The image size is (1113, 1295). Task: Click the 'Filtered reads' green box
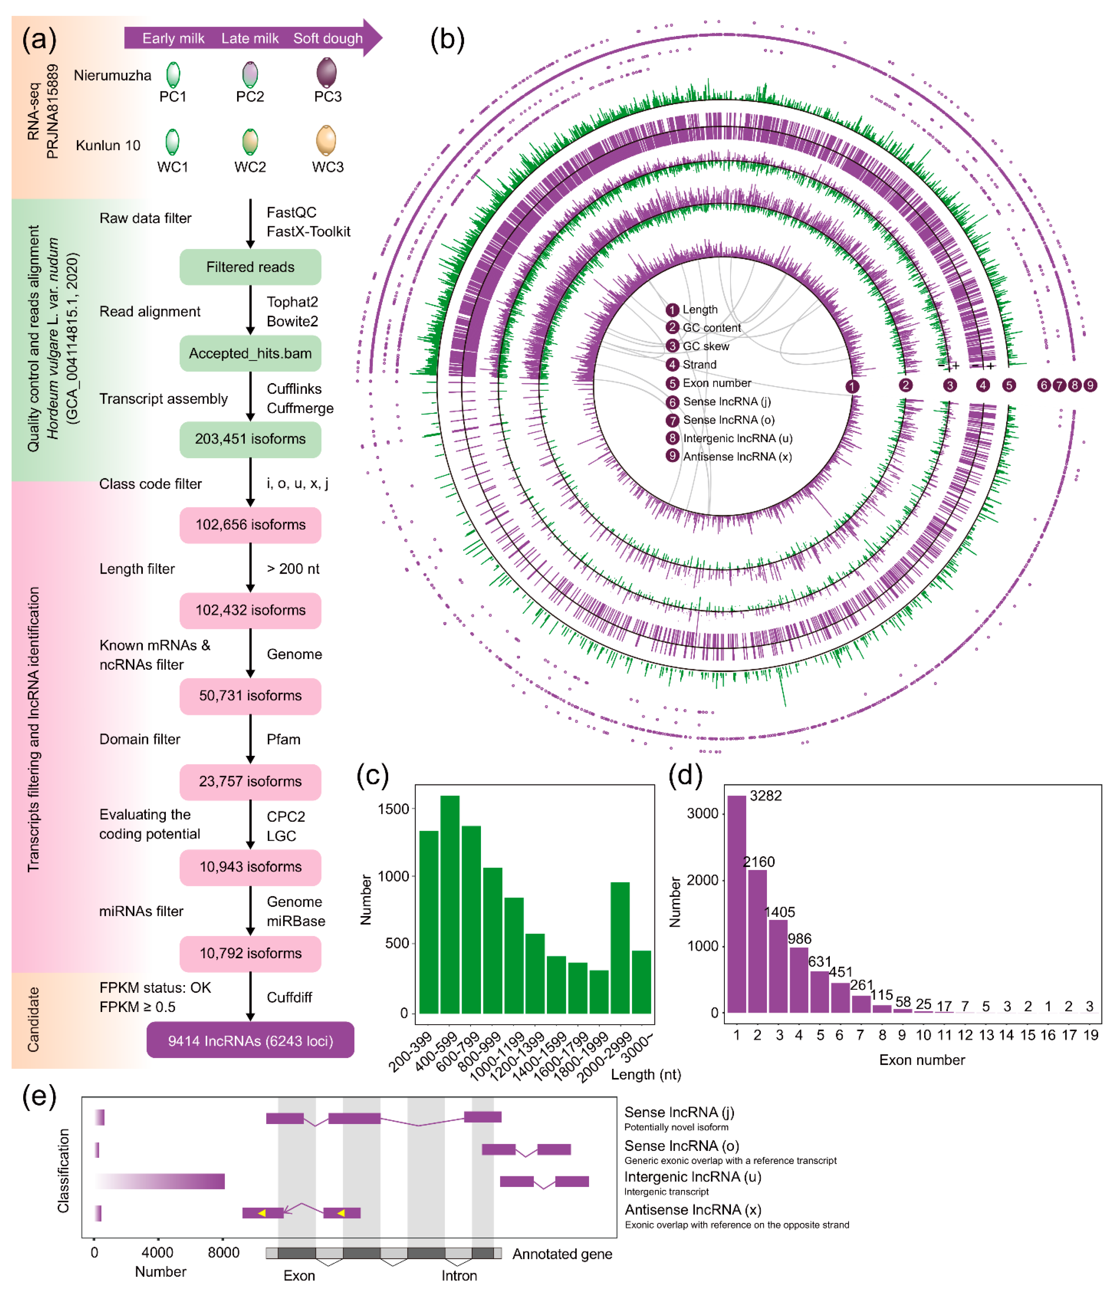250,267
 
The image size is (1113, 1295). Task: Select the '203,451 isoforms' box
250,439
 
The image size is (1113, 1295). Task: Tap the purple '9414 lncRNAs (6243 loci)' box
250,1040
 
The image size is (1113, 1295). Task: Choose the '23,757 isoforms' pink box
250,781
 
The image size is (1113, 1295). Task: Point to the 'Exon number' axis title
922,1060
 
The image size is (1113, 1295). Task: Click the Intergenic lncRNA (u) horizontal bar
161,1181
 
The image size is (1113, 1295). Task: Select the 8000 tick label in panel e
223,1253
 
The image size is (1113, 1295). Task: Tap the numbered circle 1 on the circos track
852,386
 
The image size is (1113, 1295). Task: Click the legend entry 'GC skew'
706,346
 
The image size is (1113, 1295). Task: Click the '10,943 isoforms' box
250,867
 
